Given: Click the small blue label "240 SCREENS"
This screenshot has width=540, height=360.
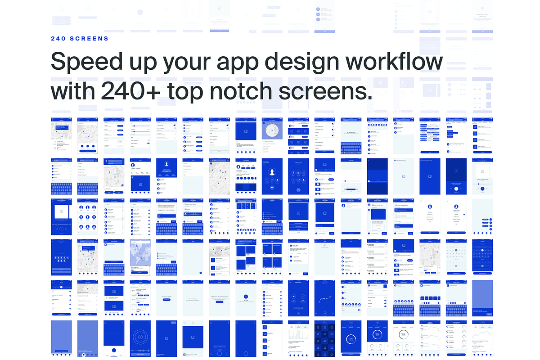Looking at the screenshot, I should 80,39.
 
